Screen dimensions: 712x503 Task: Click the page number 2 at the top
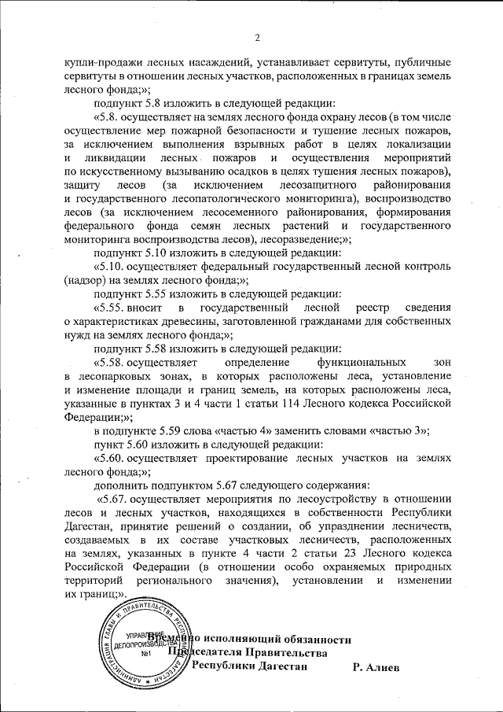(x=256, y=35)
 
